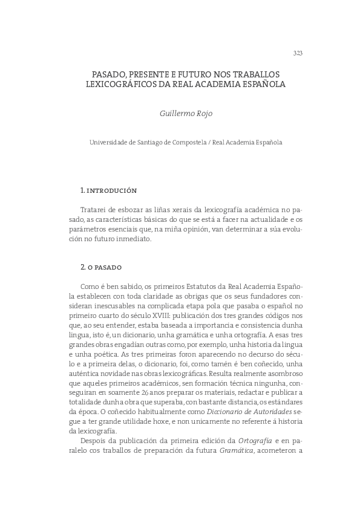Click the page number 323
297,53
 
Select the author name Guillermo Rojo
186,112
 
